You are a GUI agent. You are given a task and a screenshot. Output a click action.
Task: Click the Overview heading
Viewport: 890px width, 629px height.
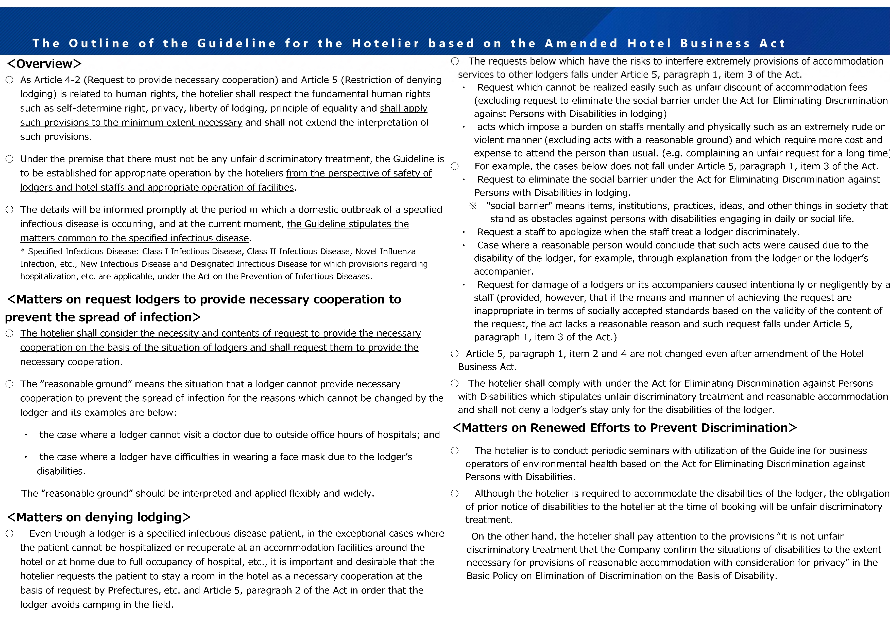(44, 64)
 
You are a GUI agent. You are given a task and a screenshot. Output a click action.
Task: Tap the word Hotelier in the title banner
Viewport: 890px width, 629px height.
(386, 43)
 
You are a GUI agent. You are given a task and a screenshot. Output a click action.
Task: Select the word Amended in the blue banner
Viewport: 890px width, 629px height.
(581, 43)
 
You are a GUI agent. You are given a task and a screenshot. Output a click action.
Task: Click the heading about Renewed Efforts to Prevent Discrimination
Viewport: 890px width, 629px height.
(624, 428)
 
